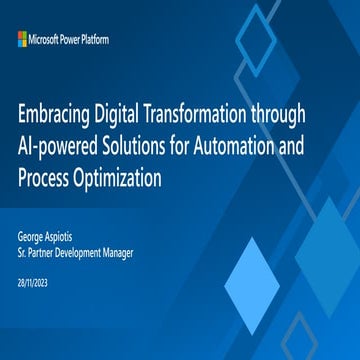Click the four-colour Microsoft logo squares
22,38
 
